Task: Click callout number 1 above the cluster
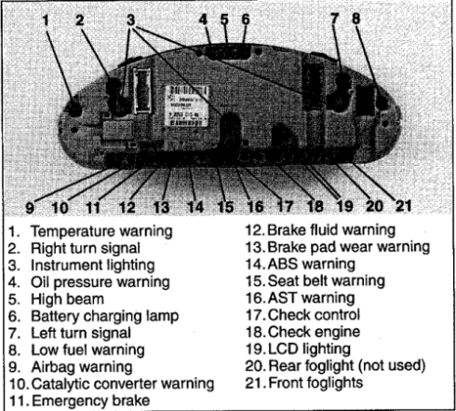pyautogui.click(x=46, y=21)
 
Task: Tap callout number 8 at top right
pyautogui.click(x=356, y=18)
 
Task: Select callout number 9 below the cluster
pyautogui.click(x=30, y=207)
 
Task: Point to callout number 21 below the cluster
pyautogui.click(x=403, y=206)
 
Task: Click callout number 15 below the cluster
pyautogui.click(x=225, y=207)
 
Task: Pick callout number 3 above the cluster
pyautogui.click(x=131, y=20)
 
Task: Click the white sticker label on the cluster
pyautogui.click(x=187, y=105)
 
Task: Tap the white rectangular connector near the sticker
pyautogui.click(x=142, y=90)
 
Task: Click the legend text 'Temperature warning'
pyautogui.click(x=101, y=232)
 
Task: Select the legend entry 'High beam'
pyautogui.click(x=67, y=299)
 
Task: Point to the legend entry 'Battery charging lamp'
pyautogui.click(x=105, y=317)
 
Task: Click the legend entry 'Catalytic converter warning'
pyautogui.click(x=123, y=384)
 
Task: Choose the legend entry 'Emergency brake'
pyautogui.click(x=91, y=401)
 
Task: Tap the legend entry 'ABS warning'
pyautogui.click(x=312, y=265)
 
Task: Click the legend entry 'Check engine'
pyautogui.click(x=314, y=333)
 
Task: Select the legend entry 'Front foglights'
pyautogui.click(x=315, y=383)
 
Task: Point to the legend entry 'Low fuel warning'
pyautogui.click(x=87, y=350)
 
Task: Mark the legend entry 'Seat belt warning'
pyautogui.click(x=327, y=281)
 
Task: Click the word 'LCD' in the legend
pyautogui.click(x=283, y=349)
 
